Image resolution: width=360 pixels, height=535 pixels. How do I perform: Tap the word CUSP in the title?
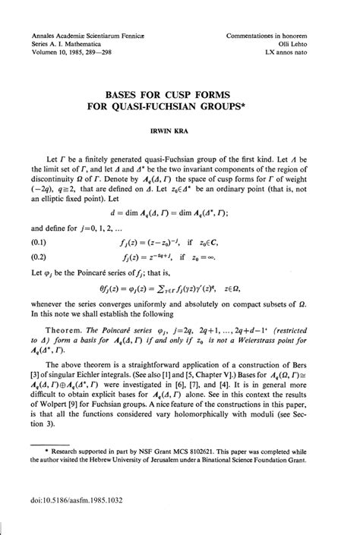[x=185, y=95]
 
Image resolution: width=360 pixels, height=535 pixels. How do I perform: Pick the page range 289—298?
[x=99, y=53]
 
